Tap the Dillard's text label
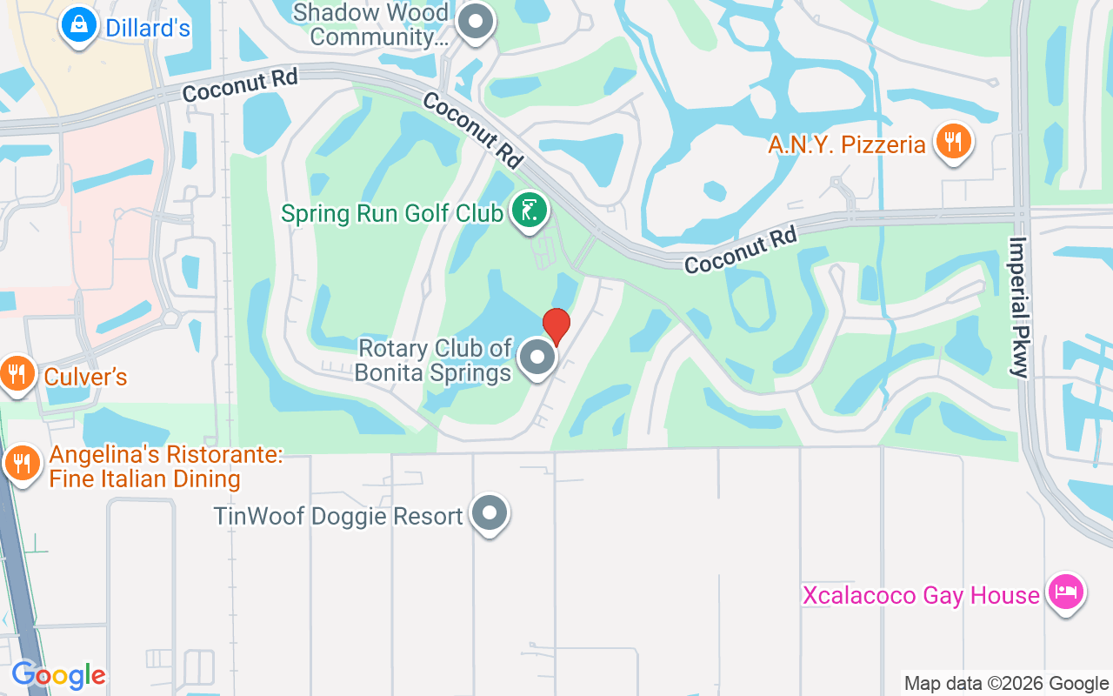(x=147, y=28)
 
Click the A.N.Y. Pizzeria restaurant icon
(x=953, y=141)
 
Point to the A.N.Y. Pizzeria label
(x=846, y=144)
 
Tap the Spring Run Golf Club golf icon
(x=528, y=211)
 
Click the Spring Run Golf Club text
(x=392, y=213)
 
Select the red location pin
(x=556, y=326)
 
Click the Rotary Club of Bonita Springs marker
(x=537, y=358)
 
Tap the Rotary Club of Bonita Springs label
(x=435, y=361)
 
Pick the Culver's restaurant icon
(x=16, y=374)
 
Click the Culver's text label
(x=85, y=377)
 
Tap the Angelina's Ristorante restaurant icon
(x=21, y=463)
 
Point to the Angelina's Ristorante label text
(x=145, y=466)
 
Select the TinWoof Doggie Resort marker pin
(x=489, y=513)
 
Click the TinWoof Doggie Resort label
(x=338, y=516)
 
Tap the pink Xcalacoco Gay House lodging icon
(x=1065, y=592)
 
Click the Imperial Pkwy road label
(x=1018, y=306)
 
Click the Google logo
(x=58, y=675)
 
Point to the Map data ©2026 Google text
(x=1006, y=683)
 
